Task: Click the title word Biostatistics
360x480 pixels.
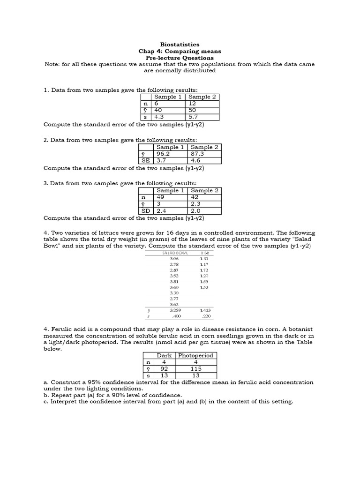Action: tap(180, 45)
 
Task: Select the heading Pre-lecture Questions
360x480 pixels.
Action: tap(180, 58)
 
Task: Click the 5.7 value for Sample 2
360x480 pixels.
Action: tap(194, 117)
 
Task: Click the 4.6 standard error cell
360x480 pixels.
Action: tap(196, 160)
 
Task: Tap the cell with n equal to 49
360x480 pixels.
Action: tap(161, 197)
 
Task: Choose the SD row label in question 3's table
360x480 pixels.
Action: tap(146, 211)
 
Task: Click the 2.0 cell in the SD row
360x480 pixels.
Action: tap(196, 211)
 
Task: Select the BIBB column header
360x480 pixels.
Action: tap(204, 253)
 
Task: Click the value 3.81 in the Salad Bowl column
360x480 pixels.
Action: tap(174, 282)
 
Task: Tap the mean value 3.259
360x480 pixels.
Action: tap(174, 310)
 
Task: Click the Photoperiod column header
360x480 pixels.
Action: tap(195, 355)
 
